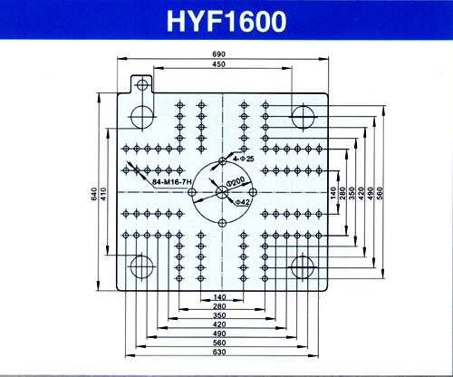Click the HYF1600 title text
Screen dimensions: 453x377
[226, 21]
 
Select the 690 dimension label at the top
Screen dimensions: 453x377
[219, 54]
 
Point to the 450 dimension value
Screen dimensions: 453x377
[219, 64]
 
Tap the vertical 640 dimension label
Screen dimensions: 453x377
[94, 194]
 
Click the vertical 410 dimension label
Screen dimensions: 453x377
[103, 194]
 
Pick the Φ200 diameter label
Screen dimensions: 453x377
[236, 181]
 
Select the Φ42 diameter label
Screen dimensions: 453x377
[242, 202]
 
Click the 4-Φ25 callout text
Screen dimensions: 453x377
[244, 159]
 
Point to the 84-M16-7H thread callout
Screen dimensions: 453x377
[172, 182]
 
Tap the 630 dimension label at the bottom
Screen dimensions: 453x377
[219, 353]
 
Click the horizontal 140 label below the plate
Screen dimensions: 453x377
[219, 297]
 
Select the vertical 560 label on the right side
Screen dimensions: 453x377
[380, 193]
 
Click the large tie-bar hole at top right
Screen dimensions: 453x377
[303, 117]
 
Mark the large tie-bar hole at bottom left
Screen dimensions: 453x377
[142, 266]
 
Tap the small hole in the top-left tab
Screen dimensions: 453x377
[142, 85]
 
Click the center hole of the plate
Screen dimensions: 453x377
[222, 192]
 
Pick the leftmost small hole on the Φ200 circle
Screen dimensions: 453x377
[192, 192]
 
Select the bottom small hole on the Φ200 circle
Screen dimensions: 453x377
[222, 224]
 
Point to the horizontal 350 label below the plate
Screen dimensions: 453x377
[219, 315]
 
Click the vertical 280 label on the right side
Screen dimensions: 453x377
[342, 193]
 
